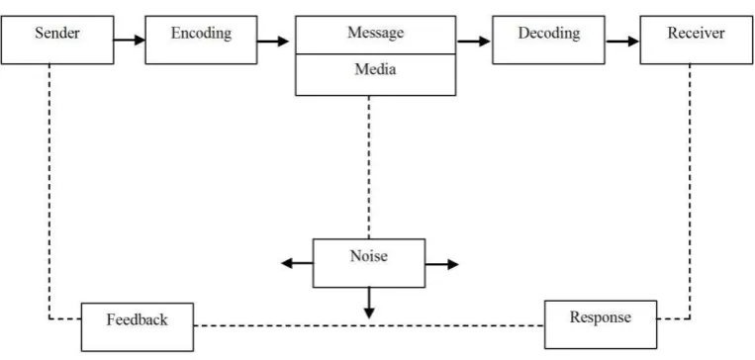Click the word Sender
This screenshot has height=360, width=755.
click(x=57, y=33)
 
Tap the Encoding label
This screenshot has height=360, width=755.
click(x=201, y=34)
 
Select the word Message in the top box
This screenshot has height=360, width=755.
click(x=376, y=33)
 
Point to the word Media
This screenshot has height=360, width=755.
click(x=376, y=69)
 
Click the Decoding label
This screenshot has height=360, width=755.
click(x=549, y=34)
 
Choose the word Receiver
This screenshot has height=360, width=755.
click(x=696, y=33)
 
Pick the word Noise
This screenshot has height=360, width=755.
click(x=369, y=256)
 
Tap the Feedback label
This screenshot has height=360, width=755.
click(x=138, y=319)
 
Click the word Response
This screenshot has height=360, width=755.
click(x=601, y=317)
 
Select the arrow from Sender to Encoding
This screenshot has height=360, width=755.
click(x=129, y=40)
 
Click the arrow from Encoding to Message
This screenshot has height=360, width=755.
click(x=272, y=42)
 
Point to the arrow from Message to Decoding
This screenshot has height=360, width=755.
click(x=473, y=42)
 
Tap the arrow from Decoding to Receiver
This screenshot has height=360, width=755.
click(x=622, y=42)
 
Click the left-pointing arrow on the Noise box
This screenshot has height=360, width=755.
click(x=297, y=263)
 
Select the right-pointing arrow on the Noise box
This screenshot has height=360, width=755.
click(x=441, y=264)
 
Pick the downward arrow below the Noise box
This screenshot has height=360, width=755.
click(x=369, y=303)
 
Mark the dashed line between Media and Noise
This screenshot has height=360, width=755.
click(x=369, y=167)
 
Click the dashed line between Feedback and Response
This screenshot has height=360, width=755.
click(x=369, y=325)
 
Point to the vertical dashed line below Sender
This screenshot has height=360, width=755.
click(x=49, y=191)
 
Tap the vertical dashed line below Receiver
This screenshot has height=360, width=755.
click(x=690, y=191)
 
